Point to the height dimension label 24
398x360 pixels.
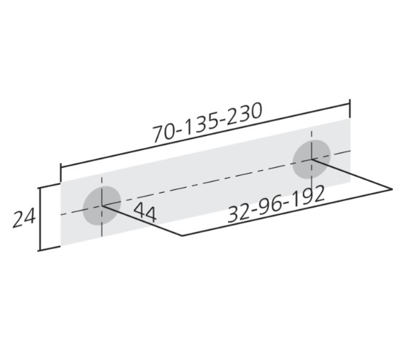click(23, 218)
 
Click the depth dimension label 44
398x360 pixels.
click(144, 212)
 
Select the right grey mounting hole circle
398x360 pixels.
click(311, 159)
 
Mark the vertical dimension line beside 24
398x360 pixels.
click(40, 217)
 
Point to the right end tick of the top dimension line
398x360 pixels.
click(350, 109)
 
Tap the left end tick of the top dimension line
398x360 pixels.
click(61, 174)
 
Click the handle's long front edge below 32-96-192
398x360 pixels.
click(284, 211)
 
